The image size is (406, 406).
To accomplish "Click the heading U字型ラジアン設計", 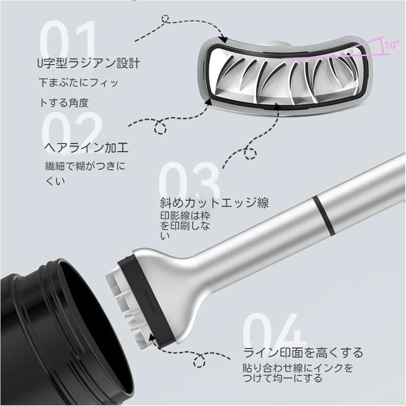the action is coord(89,64).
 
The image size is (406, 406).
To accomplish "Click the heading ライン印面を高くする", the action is coord(303,353).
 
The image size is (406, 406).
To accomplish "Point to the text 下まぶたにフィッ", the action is coord(78,83).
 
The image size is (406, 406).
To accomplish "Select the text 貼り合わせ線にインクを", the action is coord(298,368).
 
